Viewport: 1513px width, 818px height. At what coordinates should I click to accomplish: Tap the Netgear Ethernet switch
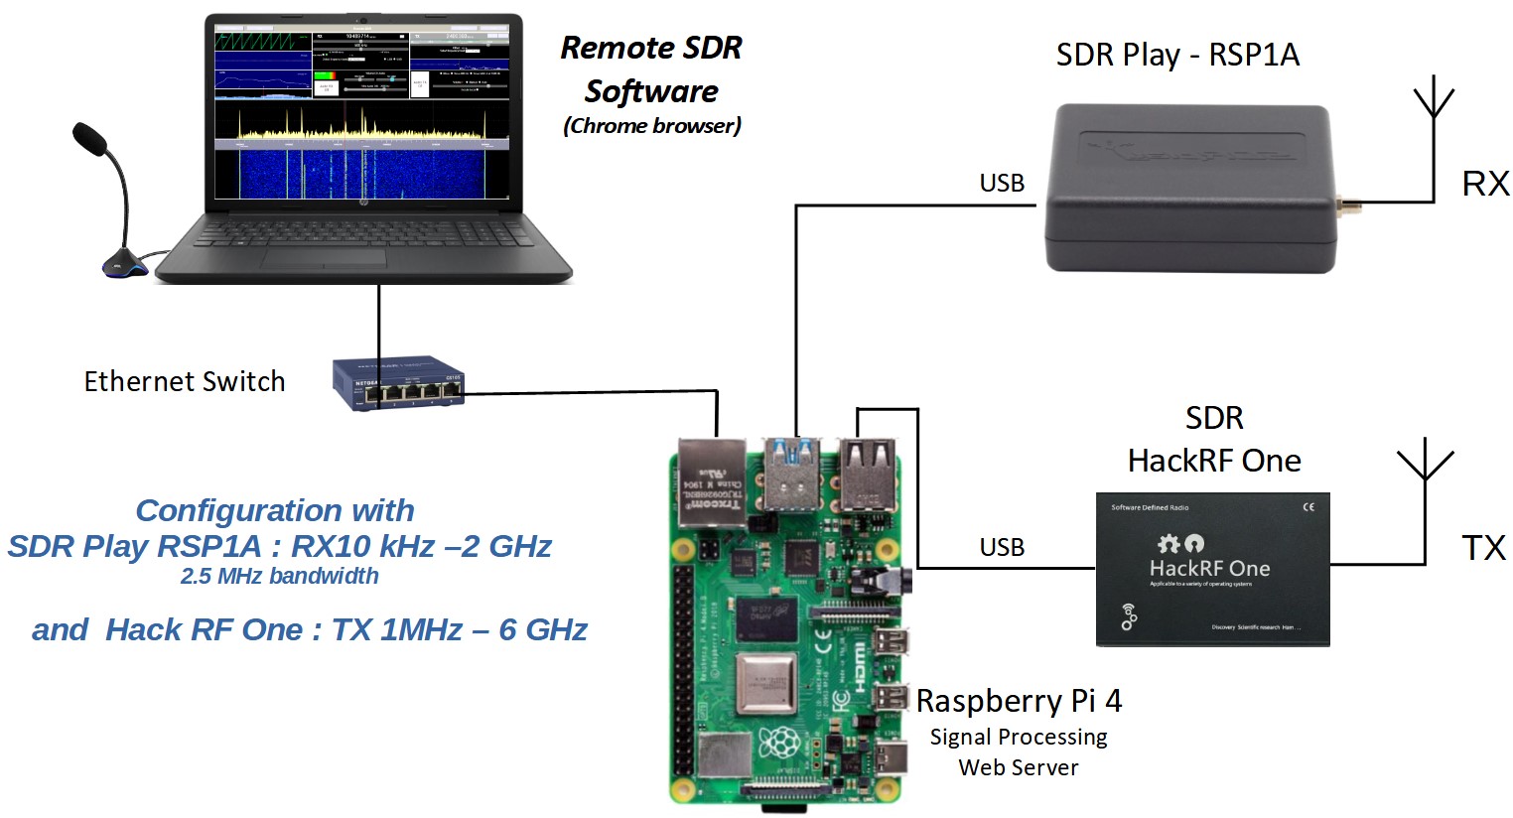click(398, 383)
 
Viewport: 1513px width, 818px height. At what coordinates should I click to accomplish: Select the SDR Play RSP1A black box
click(1189, 189)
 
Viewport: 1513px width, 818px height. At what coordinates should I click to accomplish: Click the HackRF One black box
click(1212, 570)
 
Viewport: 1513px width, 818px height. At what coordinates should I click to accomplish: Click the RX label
click(1485, 184)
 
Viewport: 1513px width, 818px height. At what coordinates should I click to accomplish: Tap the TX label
click(1483, 548)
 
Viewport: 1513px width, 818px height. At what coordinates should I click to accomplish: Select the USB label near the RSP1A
click(1002, 184)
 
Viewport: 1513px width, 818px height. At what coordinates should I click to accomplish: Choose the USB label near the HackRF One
click(1002, 548)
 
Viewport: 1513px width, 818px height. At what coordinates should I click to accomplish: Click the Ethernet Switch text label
click(185, 382)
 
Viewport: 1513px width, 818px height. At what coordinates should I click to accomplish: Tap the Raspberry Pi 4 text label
click(1019, 701)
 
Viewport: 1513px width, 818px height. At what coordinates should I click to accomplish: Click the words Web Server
click(1019, 767)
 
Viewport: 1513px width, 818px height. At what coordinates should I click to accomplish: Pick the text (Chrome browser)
click(652, 126)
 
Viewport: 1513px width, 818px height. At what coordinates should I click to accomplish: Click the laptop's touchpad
click(324, 258)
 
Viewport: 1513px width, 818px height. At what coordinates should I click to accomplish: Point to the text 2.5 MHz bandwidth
click(280, 577)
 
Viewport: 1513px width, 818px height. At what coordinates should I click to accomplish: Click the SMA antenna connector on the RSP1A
click(1349, 207)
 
